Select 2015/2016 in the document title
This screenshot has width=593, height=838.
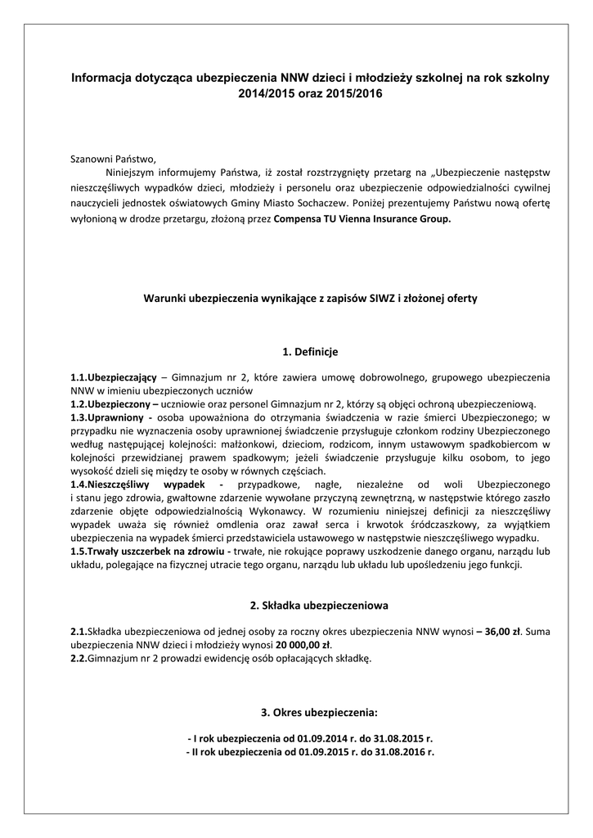(353, 94)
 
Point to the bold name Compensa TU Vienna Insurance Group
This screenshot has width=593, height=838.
(362, 220)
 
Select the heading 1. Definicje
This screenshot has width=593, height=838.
(298, 352)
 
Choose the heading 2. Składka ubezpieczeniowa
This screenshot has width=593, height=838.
(307, 606)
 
